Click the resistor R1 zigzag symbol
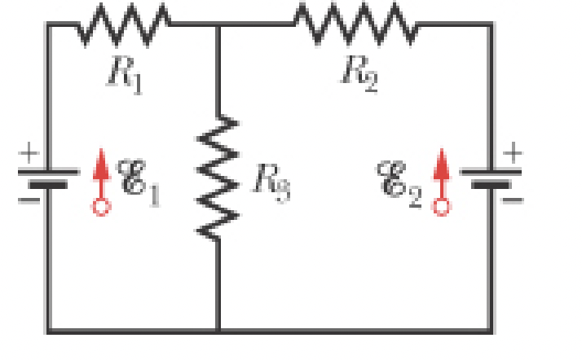pyautogui.click(x=123, y=24)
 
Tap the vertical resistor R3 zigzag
pyautogui.click(x=218, y=178)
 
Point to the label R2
pyautogui.click(x=359, y=72)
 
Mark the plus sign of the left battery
pyautogui.click(x=29, y=152)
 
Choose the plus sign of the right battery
pyautogui.click(x=514, y=152)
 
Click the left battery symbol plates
pyautogui.click(x=48, y=178)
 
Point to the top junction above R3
pyautogui.click(x=218, y=24)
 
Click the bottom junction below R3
pyautogui.click(x=218, y=331)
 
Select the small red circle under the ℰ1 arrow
pyautogui.click(x=100, y=207)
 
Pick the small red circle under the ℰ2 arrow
pyautogui.click(x=441, y=207)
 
